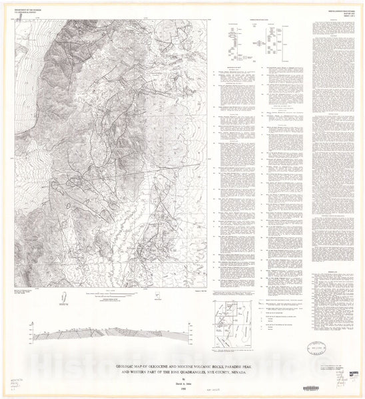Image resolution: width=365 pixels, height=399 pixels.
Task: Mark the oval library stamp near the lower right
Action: coord(312,347)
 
